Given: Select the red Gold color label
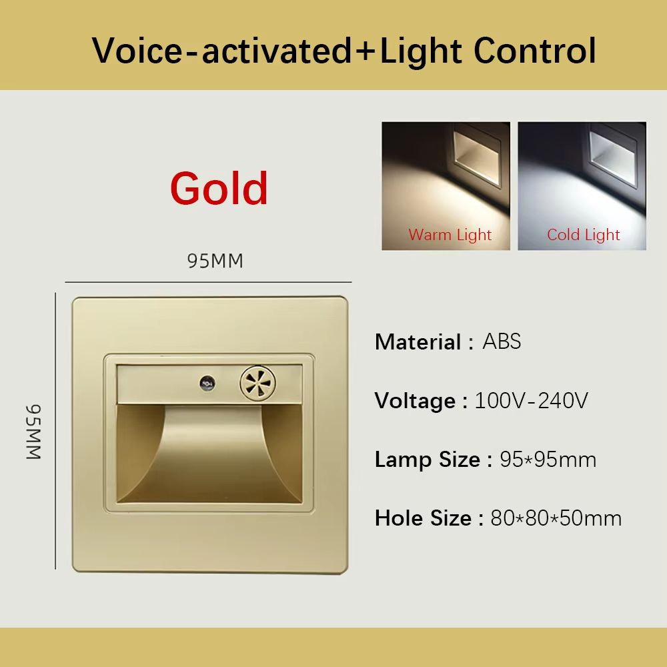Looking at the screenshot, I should [x=219, y=188].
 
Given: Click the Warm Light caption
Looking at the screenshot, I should [x=450, y=235].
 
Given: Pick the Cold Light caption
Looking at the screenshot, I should [x=583, y=235].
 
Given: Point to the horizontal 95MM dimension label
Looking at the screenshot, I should [x=214, y=261].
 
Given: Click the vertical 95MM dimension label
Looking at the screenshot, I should [x=34, y=431].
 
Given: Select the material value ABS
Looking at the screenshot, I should [x=502, y=342].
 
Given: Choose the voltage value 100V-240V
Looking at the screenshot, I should [x=531, y=400].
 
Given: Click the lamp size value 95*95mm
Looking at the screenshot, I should [x=548, y=460].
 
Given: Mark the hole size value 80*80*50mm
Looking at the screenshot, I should [x=556, y=518].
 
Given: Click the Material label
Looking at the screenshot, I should [x=418, y=342].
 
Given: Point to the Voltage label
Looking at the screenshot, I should [x=416, y=401].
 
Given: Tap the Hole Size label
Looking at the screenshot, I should [x=423, y=518].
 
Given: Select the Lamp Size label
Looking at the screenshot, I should [x=428, y=460].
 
